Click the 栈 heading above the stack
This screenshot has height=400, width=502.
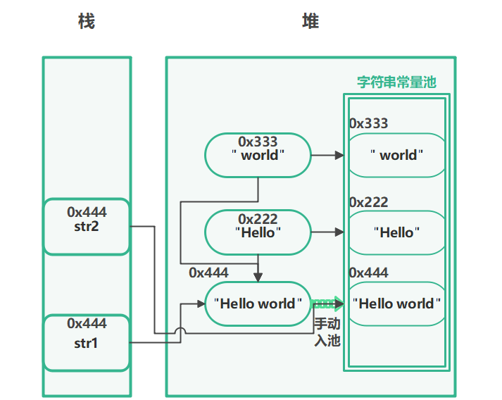tap(86, 22)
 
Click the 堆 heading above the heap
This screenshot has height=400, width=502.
tap(310, 22)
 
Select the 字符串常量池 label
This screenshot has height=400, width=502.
tap(396, 82)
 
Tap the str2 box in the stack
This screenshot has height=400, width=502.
tap(87, 226)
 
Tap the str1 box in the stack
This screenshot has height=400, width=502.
tap(87, 342)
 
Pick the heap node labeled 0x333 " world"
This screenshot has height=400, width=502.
tap(258, 155)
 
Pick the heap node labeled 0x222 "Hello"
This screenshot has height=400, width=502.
tap(258, 232)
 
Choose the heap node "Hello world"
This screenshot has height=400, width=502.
tap(258, 304)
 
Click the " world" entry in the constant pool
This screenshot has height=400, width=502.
tap(397, 155)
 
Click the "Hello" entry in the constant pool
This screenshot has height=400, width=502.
tap(397, 232)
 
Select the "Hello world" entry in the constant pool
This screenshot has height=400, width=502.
tap(397, 304)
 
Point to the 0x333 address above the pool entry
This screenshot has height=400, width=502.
tap(368, 124)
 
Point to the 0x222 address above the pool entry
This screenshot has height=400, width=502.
tap(368, 203)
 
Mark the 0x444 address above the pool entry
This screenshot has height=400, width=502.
tap(368, 273)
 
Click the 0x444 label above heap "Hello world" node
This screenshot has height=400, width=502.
tap(208, 273)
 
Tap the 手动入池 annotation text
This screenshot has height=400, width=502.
tap(327, 332)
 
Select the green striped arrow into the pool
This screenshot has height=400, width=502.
tap(327, 304)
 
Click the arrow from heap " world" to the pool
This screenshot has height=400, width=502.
tap(327, 155)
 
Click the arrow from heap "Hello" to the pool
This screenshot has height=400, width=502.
tap(327, 232)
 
